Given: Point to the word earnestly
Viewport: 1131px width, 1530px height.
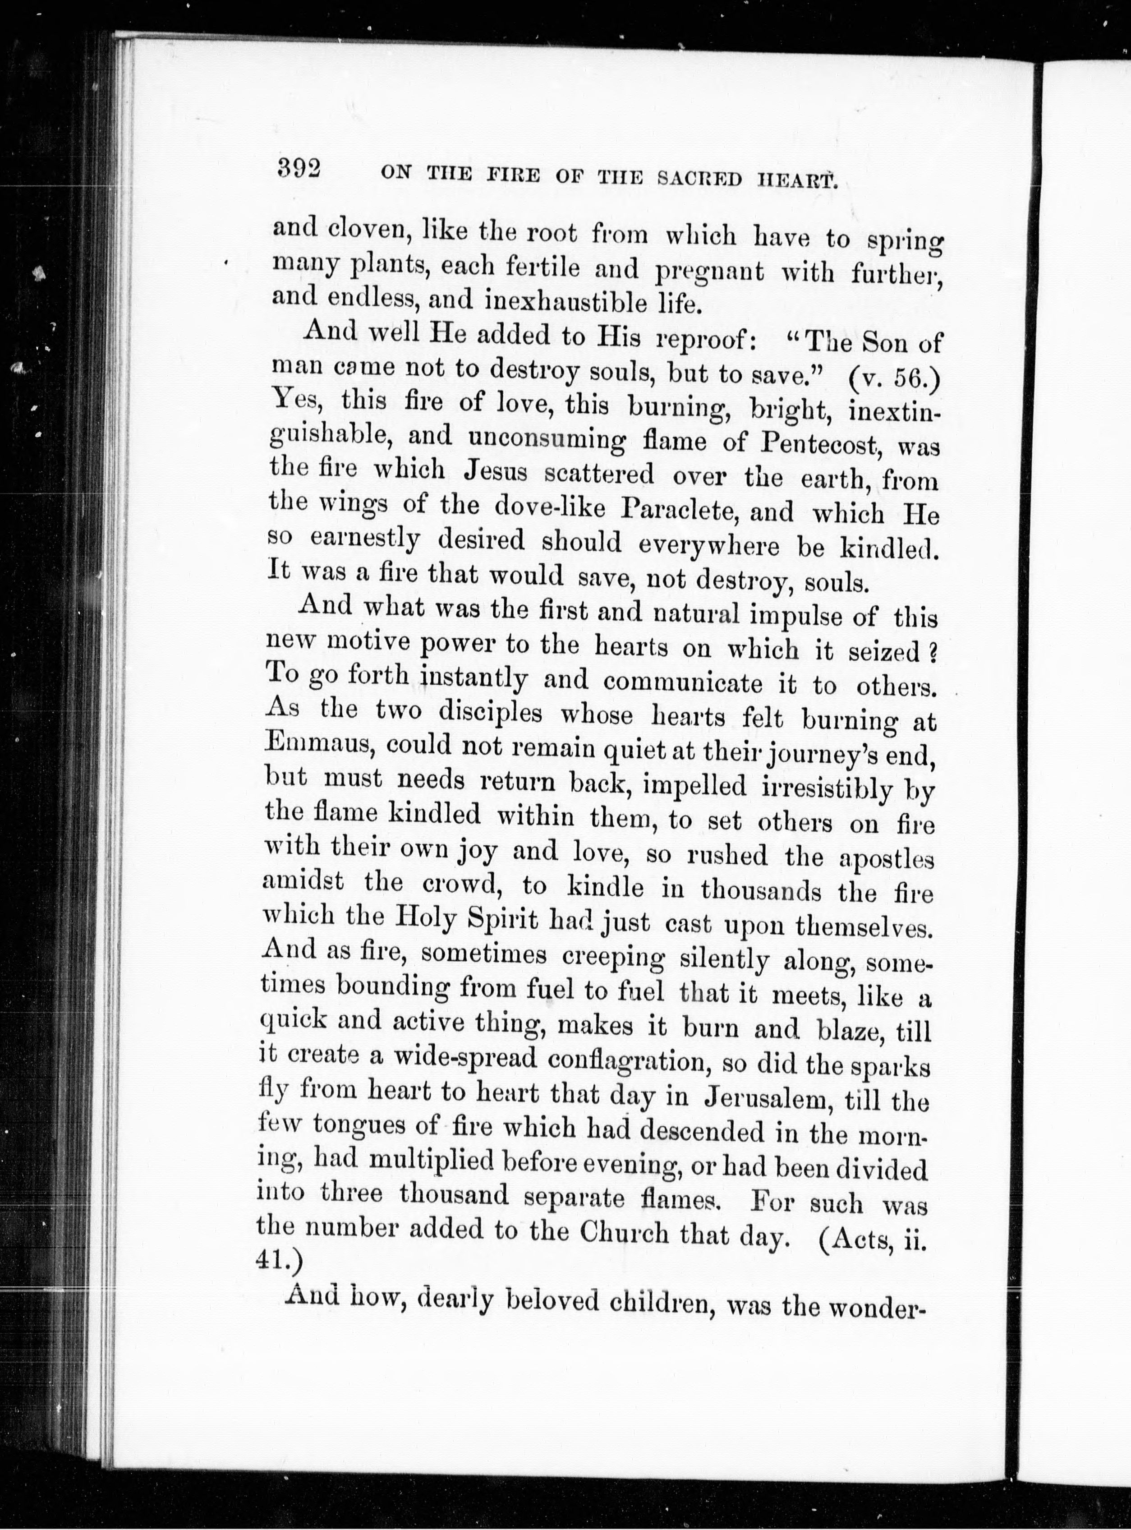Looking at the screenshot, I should [x=364, y=539].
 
